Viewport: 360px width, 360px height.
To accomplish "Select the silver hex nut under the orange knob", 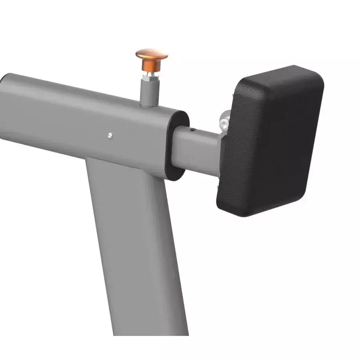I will pos(150,74).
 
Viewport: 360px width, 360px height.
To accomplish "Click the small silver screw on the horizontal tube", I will pos(110,136).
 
